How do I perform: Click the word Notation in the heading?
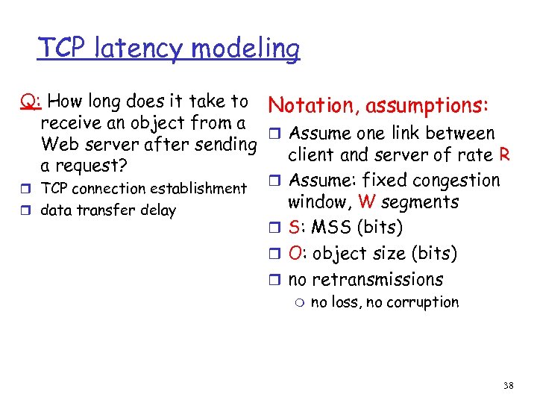311,106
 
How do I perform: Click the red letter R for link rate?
504,156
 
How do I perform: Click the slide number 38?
509,386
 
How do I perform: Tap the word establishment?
199,189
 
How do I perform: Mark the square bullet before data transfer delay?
27,210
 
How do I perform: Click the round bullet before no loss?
298,302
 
